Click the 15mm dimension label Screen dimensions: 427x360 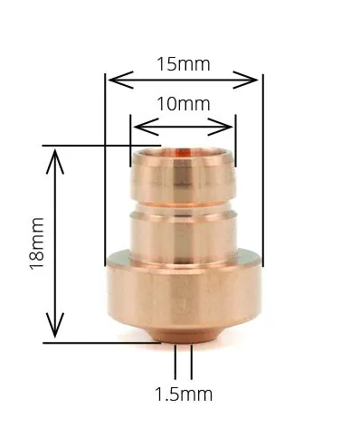click(184, 64)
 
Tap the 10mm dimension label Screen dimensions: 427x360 click(184, 103)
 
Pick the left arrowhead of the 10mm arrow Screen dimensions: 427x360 click(136, 121)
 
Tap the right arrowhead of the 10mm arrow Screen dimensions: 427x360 click(231, 121)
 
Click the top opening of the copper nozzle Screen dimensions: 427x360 click(184, 154)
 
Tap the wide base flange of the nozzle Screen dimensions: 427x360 click(184, 294)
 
